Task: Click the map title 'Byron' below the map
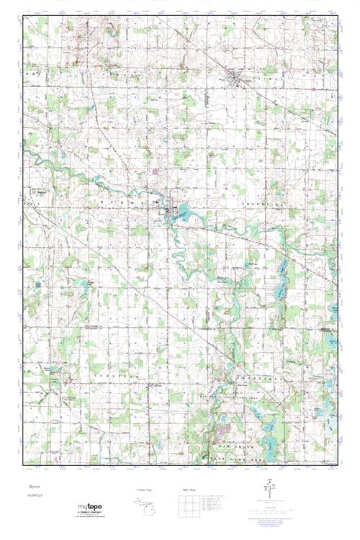pos(29,487)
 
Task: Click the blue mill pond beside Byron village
pos(181,212)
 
